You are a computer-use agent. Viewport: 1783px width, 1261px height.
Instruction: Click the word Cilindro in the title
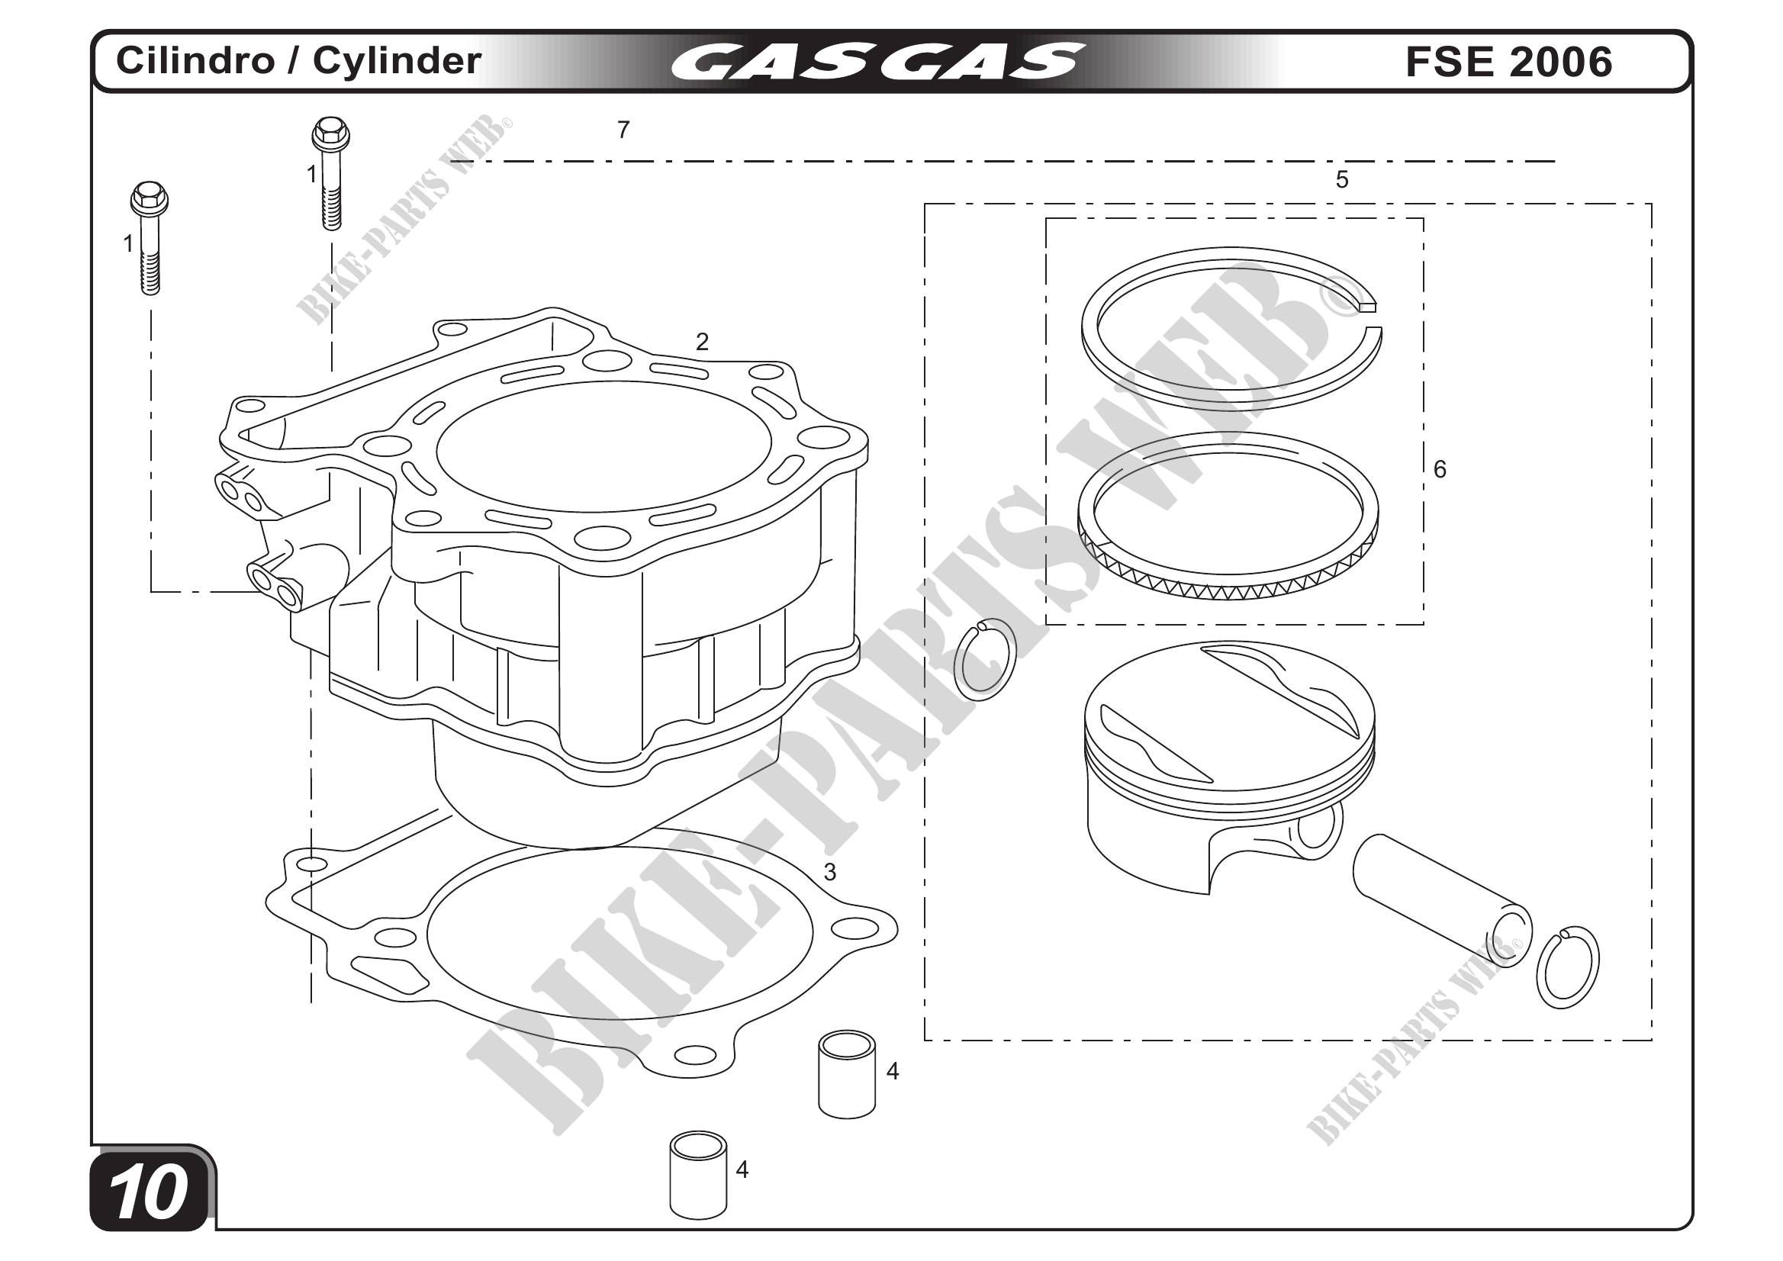[x=195, y=60]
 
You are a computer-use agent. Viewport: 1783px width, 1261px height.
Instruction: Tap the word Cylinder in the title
[x=397, y=61]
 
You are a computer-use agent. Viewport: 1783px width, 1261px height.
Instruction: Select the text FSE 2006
[x=1508, y=61]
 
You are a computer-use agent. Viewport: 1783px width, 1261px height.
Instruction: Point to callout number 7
[x=623, y=130]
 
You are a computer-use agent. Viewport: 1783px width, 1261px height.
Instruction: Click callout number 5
[x=1341, y=180]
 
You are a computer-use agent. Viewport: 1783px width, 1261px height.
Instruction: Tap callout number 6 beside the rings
[x=1439, y=469]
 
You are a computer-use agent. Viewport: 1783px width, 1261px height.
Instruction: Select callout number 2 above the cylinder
[x=702, y=342]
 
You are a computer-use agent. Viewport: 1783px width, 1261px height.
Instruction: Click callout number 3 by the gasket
[x=829, y=872]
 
